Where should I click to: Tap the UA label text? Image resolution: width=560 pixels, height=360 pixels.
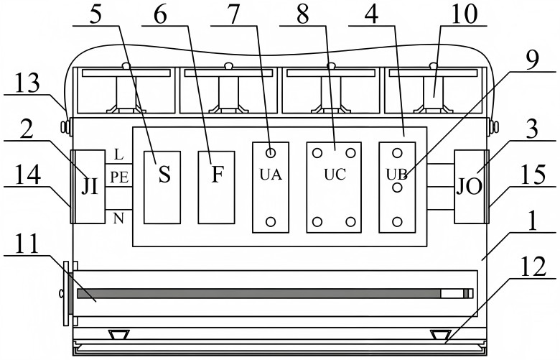(271, 174)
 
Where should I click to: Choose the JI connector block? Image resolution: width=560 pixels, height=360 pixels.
(90, 186)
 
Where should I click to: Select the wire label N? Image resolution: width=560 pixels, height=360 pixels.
(118, 217)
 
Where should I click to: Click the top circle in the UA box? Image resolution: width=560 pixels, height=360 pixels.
(271, 152)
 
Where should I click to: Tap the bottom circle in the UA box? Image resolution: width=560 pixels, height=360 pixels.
(271, 221)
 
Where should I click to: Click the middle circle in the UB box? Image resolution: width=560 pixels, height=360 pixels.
(396, 187)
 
